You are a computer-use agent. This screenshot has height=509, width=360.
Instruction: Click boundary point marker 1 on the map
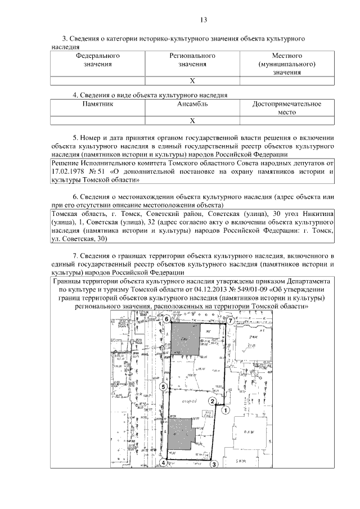pyautogui.click(x=225, y=411)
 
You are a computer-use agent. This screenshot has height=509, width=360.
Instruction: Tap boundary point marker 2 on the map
pyautogui.click(x=212, y=401)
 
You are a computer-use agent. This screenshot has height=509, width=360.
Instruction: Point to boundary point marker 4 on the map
pyautogui.click(x=163, y=463)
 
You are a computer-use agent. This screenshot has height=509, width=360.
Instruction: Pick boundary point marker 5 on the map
pyautogui.click(x=163, y=387)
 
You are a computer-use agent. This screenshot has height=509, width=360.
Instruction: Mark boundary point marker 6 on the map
pyautogui.click(x=166, y=319)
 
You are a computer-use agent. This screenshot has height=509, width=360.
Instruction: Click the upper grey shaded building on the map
pyautogui.click(x=185, y=339)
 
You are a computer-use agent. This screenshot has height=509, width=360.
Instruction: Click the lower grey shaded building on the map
pyautogui.click(x=181, y=437)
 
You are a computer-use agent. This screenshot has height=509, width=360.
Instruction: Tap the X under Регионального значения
pyautogui.click(x=192, y=81)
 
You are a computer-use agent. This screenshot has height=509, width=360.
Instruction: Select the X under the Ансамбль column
pyautogui.click(x=192, y=120)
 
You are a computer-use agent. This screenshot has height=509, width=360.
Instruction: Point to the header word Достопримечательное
pyautogui.click(x=287, y=104)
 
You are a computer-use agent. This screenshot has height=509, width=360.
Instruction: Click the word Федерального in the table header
pyautogui.click(x=98, y=56)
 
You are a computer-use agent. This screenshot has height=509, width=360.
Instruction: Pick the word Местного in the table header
pyautogui.click(x=287, y=56)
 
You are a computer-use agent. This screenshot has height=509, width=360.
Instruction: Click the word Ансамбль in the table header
pyautogui.click(x=192, y=104)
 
